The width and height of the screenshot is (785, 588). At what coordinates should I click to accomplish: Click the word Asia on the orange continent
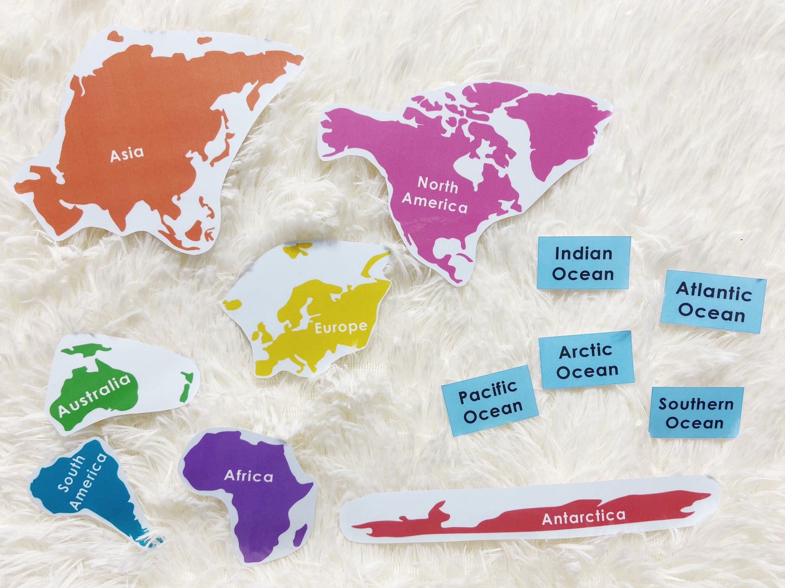[127, 154]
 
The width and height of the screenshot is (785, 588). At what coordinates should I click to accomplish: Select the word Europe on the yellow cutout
[340, 327]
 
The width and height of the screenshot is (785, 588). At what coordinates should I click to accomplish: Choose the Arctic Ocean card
[585, 361]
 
